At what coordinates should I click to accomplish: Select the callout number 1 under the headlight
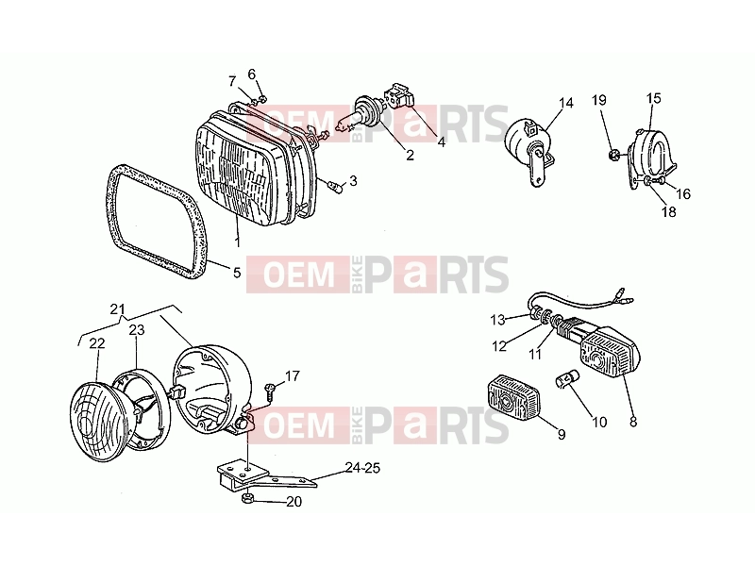tap(238, 241)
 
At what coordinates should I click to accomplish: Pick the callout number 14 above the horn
tap(566, 103)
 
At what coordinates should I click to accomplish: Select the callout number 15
tap(653, 98)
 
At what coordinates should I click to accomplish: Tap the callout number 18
tap(669, 211)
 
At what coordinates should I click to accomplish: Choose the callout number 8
tap(633, 422)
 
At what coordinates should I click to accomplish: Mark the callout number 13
tap(498, 320)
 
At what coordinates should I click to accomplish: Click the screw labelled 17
tap(270, 391)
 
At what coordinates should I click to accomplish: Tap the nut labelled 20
tap(246, 498)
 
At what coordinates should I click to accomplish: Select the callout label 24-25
tap(362, 468)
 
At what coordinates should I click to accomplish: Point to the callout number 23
tap(137, 330)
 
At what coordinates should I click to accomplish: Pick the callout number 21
tap(117, 309)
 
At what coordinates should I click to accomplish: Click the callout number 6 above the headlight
tap(252, 75)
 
